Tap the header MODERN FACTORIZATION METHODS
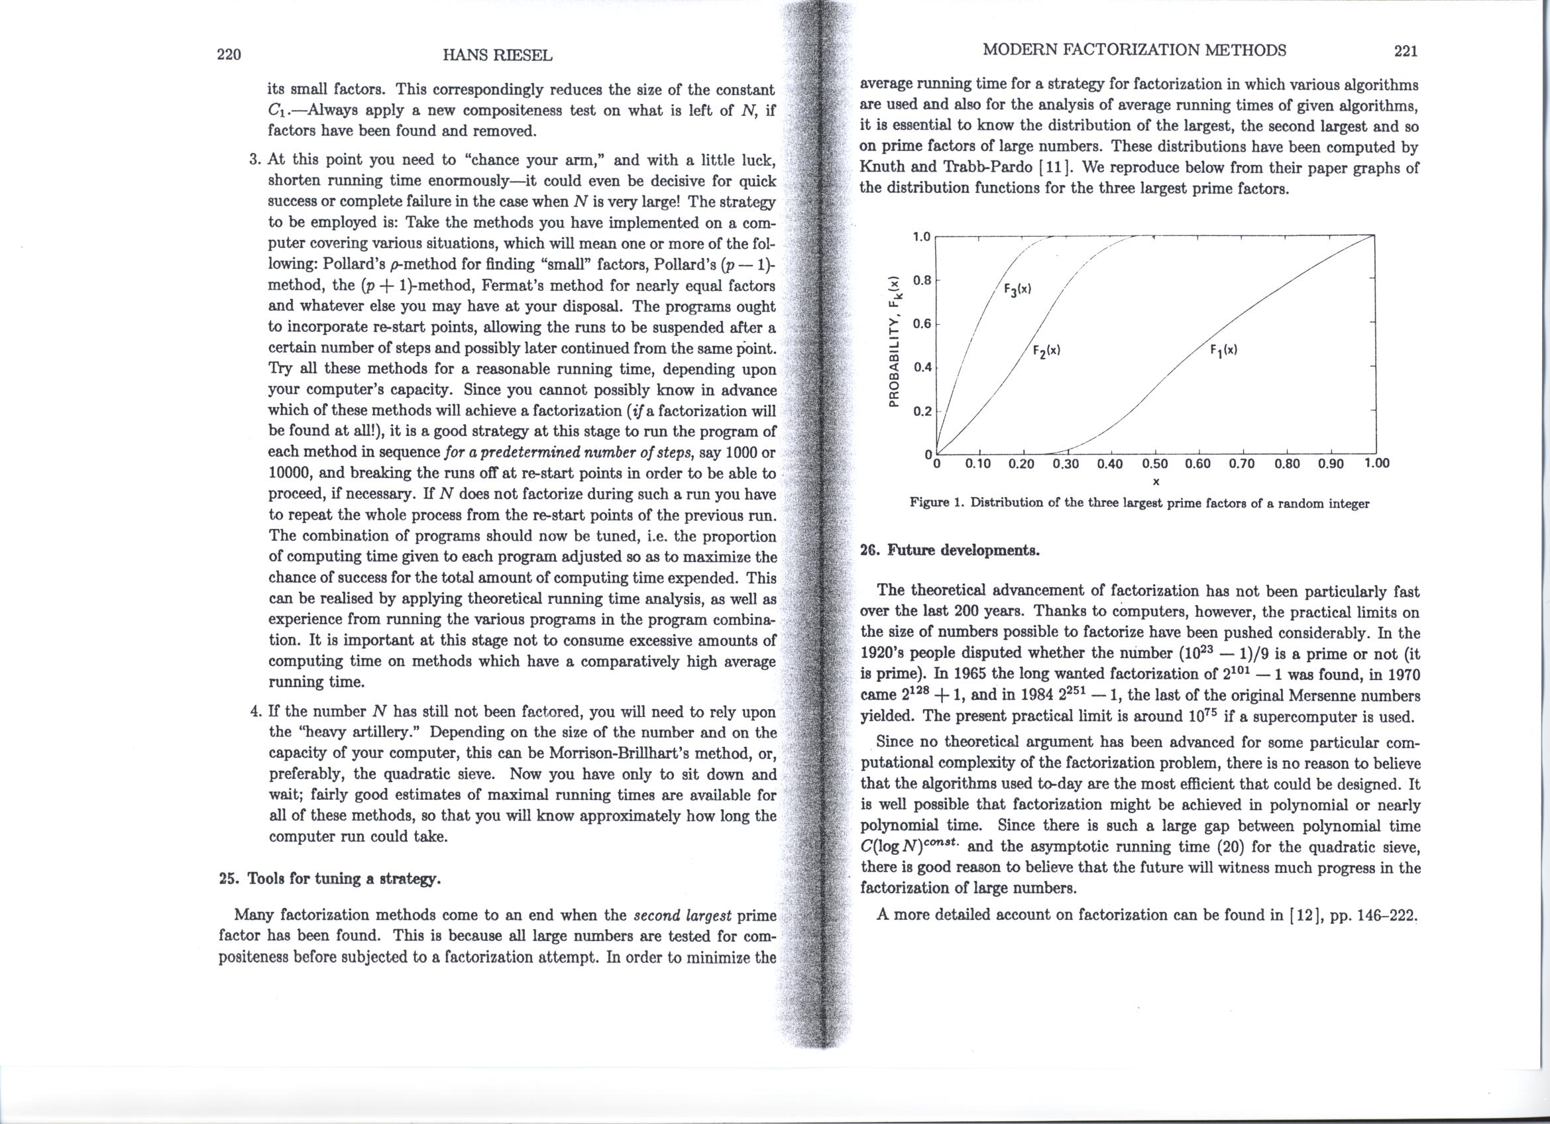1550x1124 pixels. (x=1134, y=50)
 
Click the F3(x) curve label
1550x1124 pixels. (x=1017, y=289)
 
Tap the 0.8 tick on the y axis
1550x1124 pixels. (x=921, y=280)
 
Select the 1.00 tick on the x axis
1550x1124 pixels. (x=1376, y=463)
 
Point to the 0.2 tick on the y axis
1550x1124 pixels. (x=921, y=412)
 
